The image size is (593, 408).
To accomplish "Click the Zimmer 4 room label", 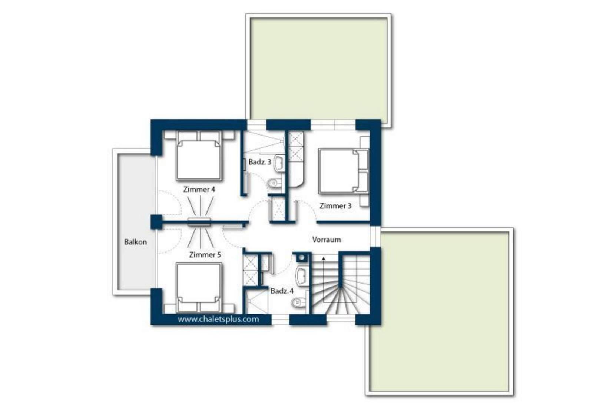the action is click(x=199, y=189).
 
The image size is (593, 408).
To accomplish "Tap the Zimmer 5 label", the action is click(x=205, y=255).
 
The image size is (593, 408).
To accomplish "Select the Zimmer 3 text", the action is click(x=335, y=206).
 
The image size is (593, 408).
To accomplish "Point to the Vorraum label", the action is click(x=327, y=240).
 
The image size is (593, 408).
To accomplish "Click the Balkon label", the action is click(x=135, y=242).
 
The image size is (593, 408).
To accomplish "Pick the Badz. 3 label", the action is click(x=260, y=162).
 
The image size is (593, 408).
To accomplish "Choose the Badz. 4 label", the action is click(x=282, y=291).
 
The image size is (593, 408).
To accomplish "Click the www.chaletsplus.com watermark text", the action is click(x=218, y=319).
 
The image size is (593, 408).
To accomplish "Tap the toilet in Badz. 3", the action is click(x=275, y=183).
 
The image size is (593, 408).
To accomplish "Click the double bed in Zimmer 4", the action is click(x=199, y=156).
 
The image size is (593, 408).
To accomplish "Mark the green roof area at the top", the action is click(x=319, y=69).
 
